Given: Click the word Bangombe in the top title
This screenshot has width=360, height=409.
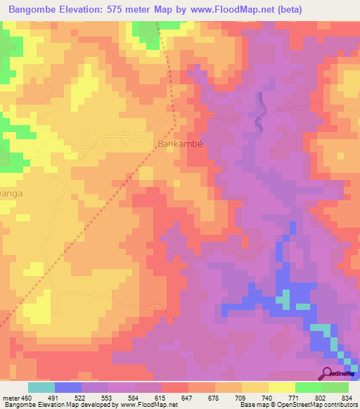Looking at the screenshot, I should point(32,10).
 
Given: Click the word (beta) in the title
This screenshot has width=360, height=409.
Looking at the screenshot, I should point(292,10).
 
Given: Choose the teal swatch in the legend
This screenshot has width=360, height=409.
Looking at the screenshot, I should point(41,387).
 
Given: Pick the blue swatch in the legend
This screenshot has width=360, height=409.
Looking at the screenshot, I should point(68,387).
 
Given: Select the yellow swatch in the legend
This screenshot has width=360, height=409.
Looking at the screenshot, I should point(282,387).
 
